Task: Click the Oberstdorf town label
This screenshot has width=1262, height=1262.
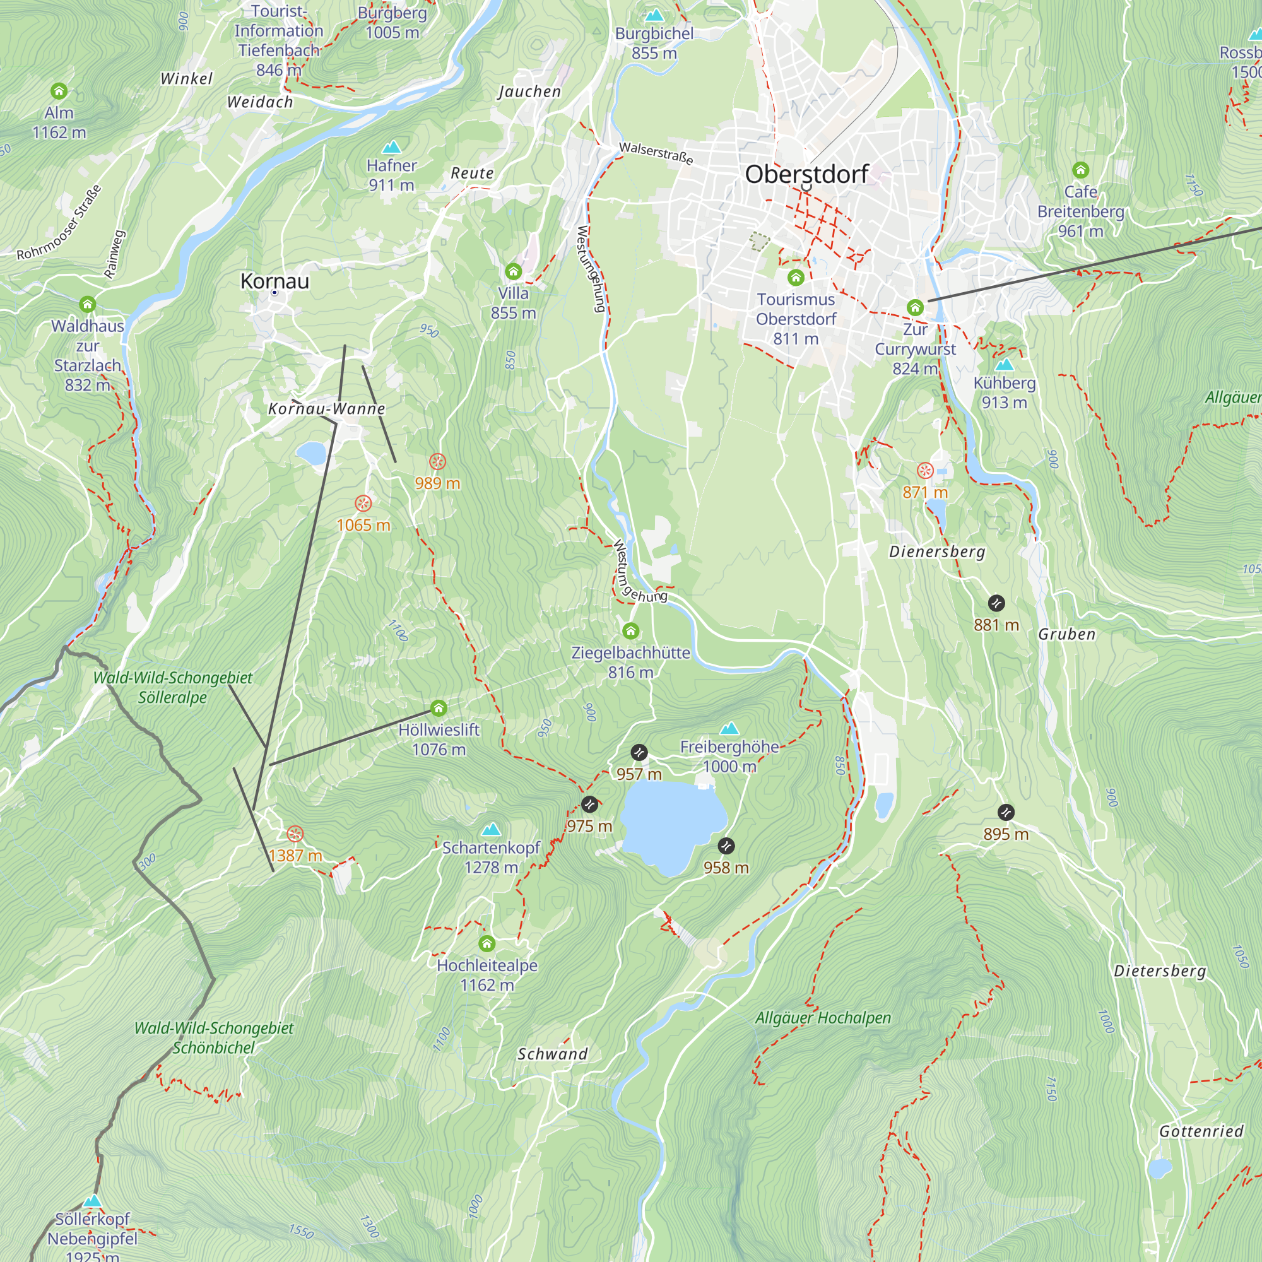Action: [x=806, y=174]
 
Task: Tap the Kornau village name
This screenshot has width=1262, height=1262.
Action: [x=274, y=281]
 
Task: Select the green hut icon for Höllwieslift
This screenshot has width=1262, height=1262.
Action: [x=439, y=708]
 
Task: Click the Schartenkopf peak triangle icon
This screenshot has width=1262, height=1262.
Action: [x=490, y=830]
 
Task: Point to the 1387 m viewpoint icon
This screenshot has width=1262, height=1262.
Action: [x=295, y=834]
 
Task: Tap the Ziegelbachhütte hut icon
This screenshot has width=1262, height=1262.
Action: [x=630, y=631]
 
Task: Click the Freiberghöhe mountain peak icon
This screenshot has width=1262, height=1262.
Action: [x=729, y=728]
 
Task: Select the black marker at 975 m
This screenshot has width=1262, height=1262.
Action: [x=589, y=804]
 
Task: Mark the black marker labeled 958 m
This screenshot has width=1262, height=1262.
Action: [x=726, y=846]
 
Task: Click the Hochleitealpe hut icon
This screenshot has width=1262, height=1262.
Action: [x=487, y=943]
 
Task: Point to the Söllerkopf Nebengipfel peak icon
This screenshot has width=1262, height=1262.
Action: [x=92, y=1201]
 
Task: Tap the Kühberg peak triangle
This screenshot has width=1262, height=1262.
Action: [x=1004, y=365]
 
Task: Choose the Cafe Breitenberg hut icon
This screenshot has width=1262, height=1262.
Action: [x=1080, y=170]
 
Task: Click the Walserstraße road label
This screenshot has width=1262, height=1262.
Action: [x=656, y=153]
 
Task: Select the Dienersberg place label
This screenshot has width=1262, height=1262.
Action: [x=936, y=552]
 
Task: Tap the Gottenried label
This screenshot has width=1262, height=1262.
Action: [x=1201, y=1131]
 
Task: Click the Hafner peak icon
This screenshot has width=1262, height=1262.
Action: [x=391, y=146]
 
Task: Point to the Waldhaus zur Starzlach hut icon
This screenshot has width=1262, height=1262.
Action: [x=88, y=304]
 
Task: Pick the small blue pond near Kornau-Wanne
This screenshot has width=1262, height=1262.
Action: [x=311, y=452]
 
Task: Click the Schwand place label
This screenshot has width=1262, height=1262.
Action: [x=552, y=1054]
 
